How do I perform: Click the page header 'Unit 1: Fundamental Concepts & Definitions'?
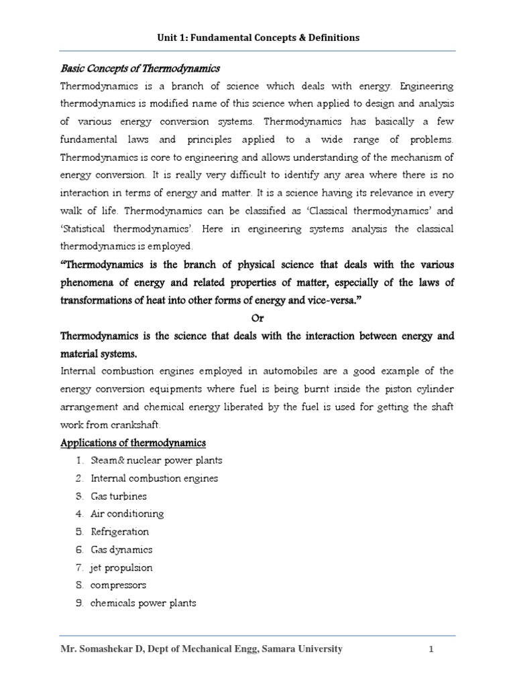[257, 38]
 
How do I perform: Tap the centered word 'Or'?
[257, 318]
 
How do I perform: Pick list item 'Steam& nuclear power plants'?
[157, 460]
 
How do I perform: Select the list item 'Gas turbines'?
[119, 496]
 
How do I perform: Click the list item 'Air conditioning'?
[127, 514]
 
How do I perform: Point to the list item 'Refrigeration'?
[121, 532]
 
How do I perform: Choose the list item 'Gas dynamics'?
[122, 549]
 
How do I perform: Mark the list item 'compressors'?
[119, 585]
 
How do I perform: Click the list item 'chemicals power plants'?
[144, 603]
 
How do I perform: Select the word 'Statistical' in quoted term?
[87, 230]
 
